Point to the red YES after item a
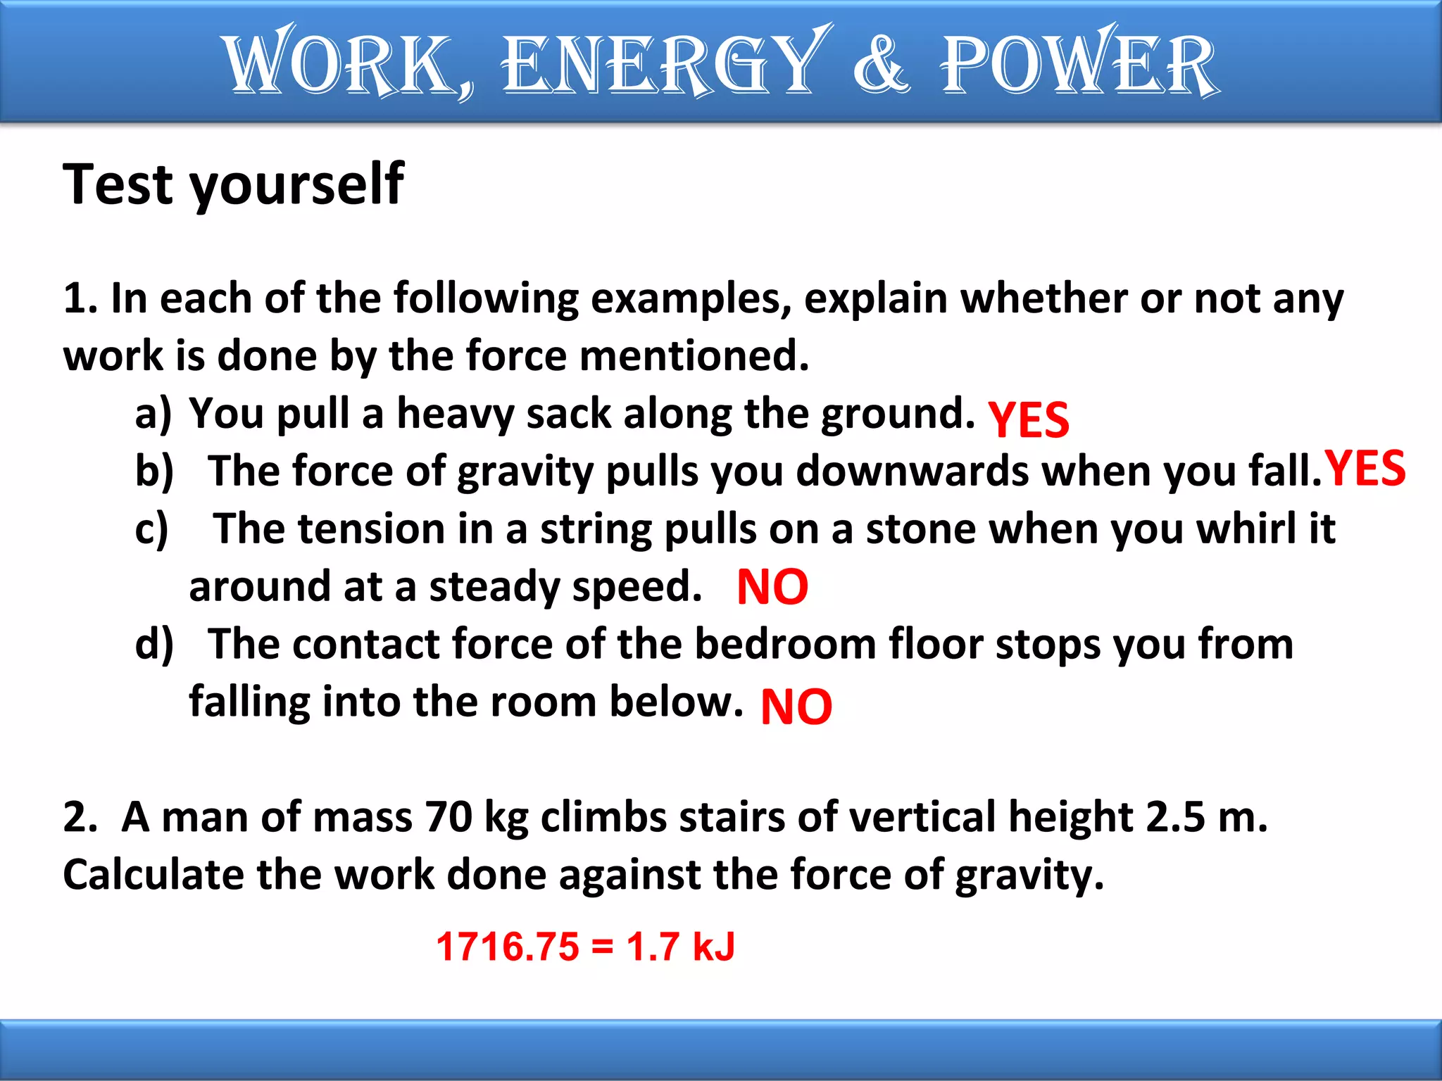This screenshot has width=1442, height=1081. (1028, 420)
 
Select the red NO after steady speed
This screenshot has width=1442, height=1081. (772, 588)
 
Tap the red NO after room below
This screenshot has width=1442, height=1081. (796, 707)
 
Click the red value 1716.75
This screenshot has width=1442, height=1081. (507, 947)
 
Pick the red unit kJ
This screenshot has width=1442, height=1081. (713, 947)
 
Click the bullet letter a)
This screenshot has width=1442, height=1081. (153, 413)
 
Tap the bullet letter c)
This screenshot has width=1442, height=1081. (151, 529)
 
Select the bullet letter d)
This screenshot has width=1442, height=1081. (153, 644)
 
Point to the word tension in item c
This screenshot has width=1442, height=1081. (371, 529)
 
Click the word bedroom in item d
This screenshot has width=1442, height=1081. (784, 644)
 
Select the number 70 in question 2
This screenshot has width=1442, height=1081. (449, 817)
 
